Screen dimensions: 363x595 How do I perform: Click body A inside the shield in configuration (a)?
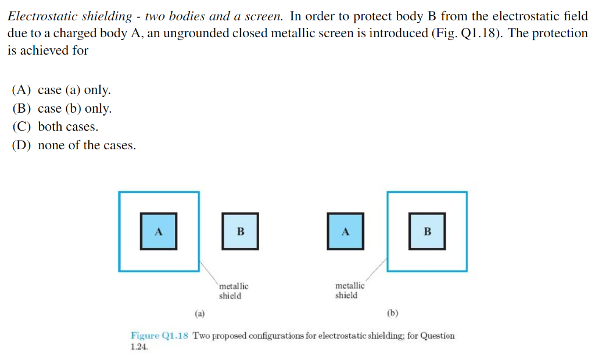(x=159, y=231)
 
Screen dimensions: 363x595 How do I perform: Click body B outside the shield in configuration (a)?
(x=240, y=231)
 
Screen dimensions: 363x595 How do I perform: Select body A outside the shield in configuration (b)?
(x=345, y=231)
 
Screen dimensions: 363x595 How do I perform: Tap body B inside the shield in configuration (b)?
(x=427, y=231)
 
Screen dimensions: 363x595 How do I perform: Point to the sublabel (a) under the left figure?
(x=200, y=314)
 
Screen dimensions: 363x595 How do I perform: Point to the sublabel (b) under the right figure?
(x=393, y=314)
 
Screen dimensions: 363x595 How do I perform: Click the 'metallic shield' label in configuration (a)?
(x=233, y=291)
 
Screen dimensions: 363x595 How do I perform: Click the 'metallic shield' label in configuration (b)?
(x=350, y=290)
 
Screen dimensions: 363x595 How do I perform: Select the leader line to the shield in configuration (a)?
(x=209, y=271)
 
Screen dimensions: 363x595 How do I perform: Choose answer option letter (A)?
(x=21, y=90)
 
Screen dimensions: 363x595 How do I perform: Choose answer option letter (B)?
(x=21, y=109)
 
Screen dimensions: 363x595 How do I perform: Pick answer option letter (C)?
(x=21, y=127)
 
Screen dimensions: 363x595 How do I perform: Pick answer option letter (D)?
(x=21, y=145)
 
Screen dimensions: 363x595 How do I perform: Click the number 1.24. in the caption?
(x=139, y=347)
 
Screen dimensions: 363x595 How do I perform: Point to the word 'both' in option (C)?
(x=50, y=127)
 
